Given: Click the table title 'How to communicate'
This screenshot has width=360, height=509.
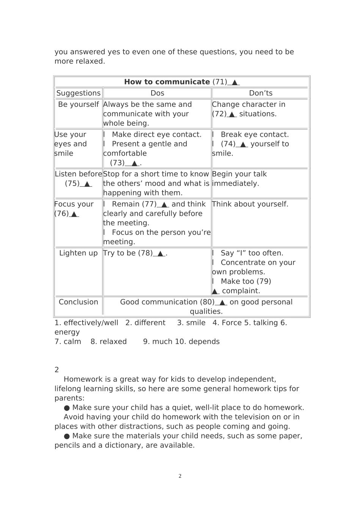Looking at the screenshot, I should coord(167,82).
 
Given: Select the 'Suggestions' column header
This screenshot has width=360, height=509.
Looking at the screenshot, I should coord(78,93).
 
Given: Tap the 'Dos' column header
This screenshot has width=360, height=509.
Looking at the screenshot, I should coord(157,93).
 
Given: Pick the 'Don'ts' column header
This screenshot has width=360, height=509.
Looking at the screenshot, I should coord(261,93).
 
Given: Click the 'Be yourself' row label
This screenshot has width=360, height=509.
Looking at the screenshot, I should coord(78,105).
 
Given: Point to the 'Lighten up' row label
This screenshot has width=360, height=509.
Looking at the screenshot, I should coord(78,253).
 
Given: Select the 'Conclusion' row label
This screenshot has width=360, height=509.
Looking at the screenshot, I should coord(78,302).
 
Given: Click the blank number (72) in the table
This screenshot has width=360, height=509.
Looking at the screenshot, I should coord(219,114).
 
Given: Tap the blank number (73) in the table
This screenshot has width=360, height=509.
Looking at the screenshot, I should coord(117,163).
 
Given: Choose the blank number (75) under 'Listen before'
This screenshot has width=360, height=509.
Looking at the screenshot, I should coord(72,184).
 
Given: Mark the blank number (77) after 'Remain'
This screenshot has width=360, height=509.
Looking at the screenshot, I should coord(149,204).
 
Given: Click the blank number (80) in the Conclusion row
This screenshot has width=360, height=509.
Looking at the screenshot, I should coord(207,302).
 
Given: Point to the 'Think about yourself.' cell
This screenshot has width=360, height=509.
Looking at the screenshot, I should coord(250,204).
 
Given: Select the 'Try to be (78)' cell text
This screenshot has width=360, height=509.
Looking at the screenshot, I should coord(135,253).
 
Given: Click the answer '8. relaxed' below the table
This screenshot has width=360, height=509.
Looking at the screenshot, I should coord(109,342).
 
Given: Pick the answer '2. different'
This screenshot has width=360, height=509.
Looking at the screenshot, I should coord(146,323).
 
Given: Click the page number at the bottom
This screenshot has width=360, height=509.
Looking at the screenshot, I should coord(180,476).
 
